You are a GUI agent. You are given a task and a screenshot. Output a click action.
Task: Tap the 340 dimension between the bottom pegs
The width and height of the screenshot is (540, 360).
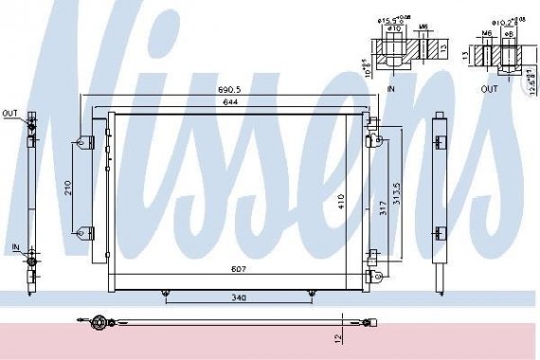point(238,298)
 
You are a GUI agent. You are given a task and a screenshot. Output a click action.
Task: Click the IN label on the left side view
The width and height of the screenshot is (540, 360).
point(15,246)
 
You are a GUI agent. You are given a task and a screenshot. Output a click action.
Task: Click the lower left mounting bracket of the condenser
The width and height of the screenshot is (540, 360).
point(85,231)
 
